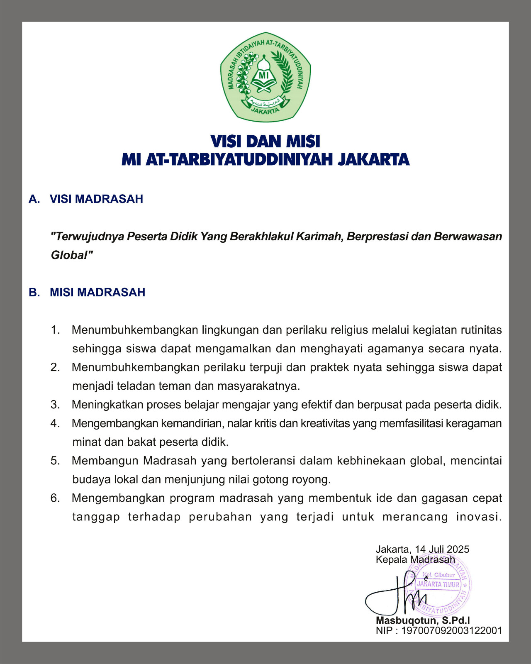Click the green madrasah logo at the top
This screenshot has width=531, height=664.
click(x=265, y=77)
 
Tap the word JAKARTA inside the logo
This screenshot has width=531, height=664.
click(x=265, y=111)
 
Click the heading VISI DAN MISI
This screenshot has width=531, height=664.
click(x=265, y=142)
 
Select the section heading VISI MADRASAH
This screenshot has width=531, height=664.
click(x=96, y=199)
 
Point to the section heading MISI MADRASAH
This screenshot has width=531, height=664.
click(x=97, y=292)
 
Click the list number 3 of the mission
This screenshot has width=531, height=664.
click(x=55, y=405)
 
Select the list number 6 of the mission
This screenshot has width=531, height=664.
click(x=55, y=498)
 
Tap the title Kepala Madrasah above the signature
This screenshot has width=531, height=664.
click(x=415, y=559)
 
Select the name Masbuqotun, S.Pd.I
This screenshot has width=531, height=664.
click(x=423, y=620)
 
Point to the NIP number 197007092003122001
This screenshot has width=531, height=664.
click(x=452, y=630)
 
